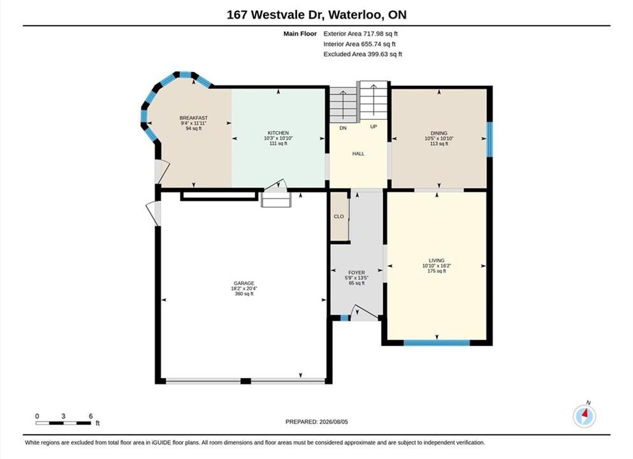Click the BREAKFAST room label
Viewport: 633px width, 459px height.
[193, 118]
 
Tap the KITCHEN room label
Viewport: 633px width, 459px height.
[278, 133]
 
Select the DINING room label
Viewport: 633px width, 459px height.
[439, 133]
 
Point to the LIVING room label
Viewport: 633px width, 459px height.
[437, 260]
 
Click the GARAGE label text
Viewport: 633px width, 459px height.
[244, 284]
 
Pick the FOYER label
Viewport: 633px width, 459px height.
[356, 272]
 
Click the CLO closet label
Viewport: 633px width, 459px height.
[338, 216]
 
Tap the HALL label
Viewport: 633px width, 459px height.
[358, 154]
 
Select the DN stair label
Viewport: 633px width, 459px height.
[343, 128]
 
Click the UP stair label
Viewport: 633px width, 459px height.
[374, 126]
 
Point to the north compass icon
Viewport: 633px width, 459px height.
[584, 416]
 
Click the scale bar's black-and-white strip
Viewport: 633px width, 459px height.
[63, 423]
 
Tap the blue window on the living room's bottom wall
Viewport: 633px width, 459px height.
[437, 343]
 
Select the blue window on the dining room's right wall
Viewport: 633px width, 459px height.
[490, 139]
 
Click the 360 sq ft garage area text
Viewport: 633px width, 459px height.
[244, 294]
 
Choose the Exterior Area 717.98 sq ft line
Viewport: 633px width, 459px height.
[361, 34]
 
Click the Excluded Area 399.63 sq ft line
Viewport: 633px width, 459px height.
[363, 54]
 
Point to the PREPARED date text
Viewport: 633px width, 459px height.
[316, 421]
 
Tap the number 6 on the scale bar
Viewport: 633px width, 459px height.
[91, 416]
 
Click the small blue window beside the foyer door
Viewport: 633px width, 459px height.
[344, 318]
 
